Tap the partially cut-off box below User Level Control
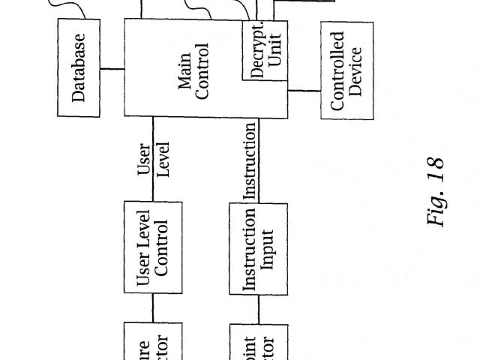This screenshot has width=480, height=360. pyautogui.click(x=154, y=342)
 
